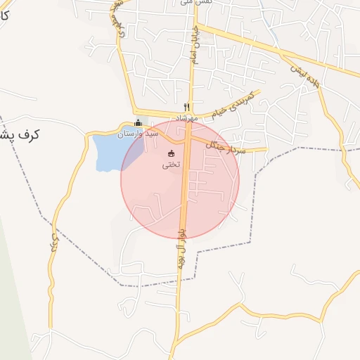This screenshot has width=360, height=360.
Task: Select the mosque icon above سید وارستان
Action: coord(138,122)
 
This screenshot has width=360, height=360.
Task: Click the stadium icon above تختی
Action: coord(172,153)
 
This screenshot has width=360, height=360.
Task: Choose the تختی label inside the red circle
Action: coord(172,165)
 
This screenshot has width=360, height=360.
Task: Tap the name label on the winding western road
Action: coord(54,239)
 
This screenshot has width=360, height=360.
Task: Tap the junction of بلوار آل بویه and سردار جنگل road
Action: coord(188,141)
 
